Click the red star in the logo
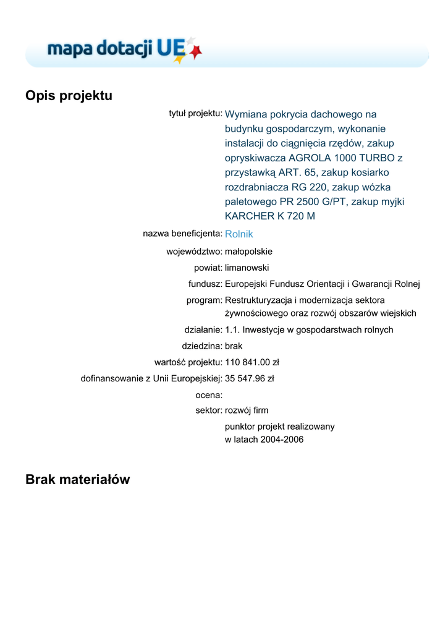pos(196,52)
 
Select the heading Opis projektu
pos(69,96)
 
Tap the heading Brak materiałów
pos(78,479)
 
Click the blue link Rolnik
pos(239,234)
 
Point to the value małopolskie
pos(248,252)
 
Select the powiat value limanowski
pos(247,268)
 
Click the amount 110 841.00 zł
pos(252,362)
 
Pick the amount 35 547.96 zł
pos(250,378)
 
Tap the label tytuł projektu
pos(195,113)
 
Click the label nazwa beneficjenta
pos(182,234)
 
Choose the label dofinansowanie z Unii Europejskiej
pos(151,378)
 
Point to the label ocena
pos(208,394)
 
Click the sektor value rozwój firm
pos(247,410)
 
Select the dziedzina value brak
pos(234,346)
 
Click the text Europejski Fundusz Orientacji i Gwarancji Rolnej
pos(322,284)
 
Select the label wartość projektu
pos(188,362)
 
